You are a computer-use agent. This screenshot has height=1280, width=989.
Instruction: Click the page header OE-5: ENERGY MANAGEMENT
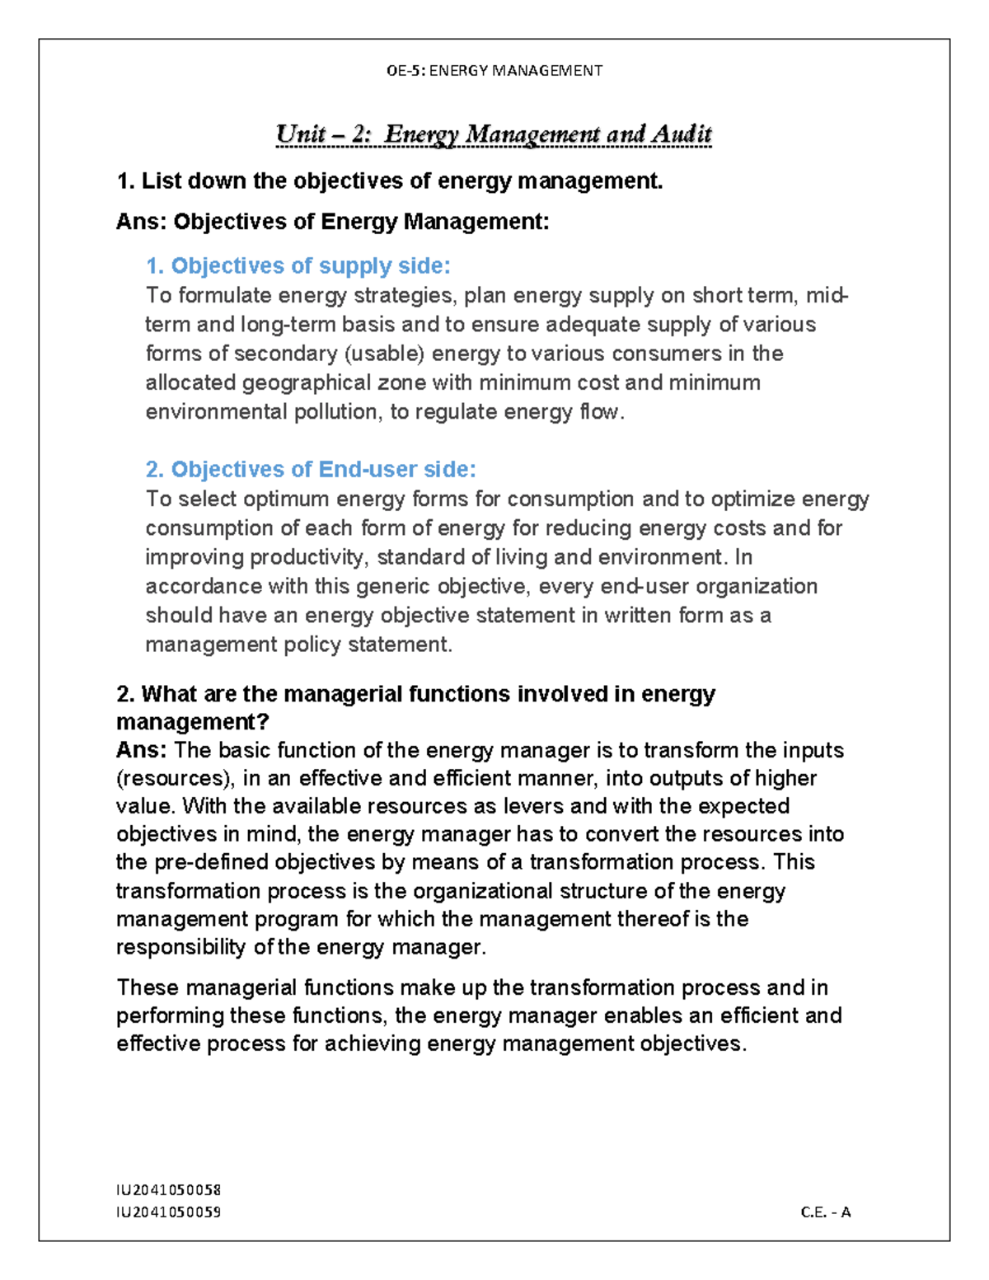[x=494, y=71]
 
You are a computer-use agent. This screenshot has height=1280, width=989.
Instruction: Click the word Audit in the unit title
[x=681, y=134]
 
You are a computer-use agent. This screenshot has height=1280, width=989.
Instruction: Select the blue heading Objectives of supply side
[x=298, y=266]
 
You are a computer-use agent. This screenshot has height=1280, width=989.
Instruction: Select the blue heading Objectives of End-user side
[x=311, y=470]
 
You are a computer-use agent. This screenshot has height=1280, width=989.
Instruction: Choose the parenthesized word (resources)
[x=176, y=779]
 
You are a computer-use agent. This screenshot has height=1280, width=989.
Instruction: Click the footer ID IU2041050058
[x=169, y=1190]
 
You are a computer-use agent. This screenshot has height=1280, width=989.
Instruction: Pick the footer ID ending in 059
[x=169, y=1212]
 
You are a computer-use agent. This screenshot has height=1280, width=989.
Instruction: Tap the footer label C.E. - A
[x=825, y=1212]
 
